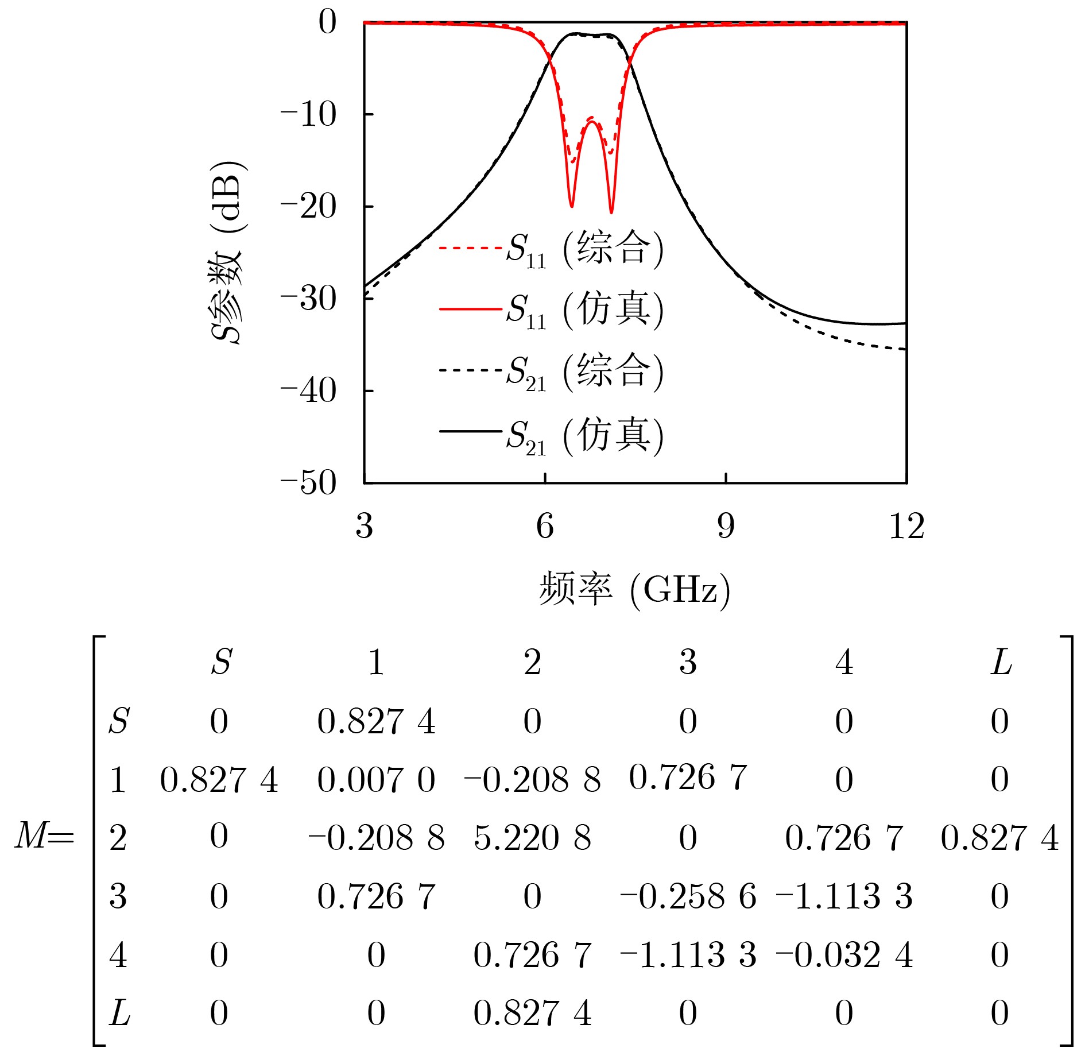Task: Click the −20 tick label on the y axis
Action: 308,207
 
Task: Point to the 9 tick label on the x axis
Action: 726,526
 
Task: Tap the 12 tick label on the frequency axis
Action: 906,526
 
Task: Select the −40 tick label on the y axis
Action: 308,391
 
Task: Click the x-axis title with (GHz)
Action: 634,589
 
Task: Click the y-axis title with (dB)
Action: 227,253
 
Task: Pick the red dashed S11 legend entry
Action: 551,249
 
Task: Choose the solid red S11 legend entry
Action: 551,310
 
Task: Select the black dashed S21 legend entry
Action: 551,371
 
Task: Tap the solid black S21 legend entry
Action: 551,435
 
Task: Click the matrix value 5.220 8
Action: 532,838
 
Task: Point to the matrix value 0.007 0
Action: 376,780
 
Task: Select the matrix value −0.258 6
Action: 688,896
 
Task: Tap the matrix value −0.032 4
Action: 844,955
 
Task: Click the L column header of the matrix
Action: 1001,662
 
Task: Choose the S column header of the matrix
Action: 221,662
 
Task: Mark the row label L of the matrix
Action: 119,1013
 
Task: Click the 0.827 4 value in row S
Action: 376,721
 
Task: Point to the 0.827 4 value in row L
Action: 532,1013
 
